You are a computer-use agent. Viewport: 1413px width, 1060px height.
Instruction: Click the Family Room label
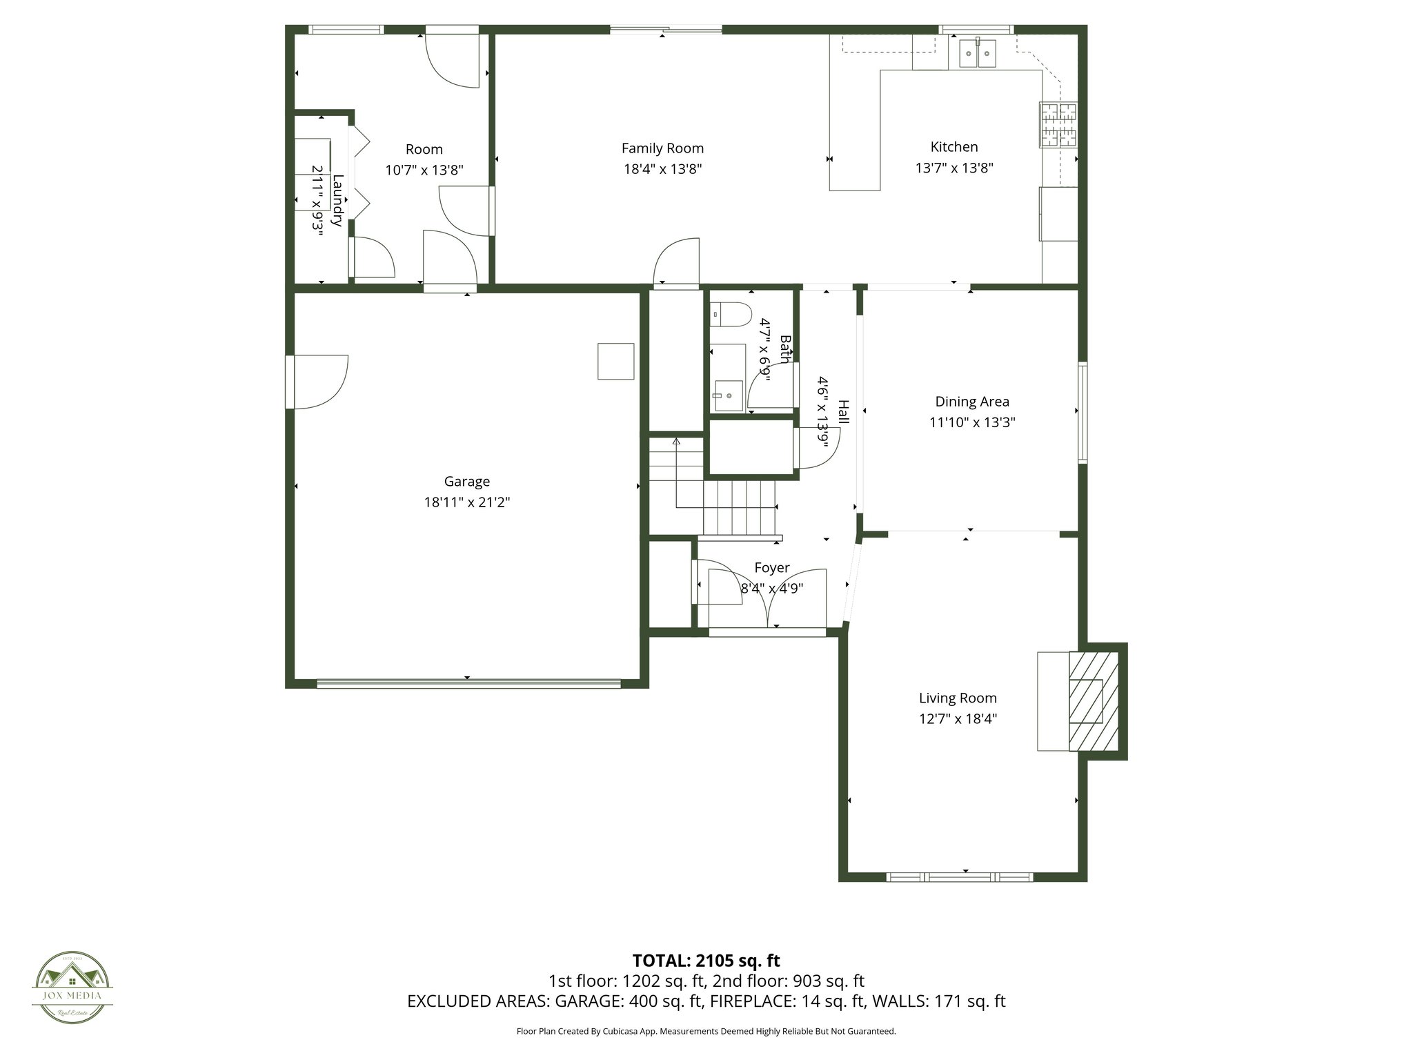pyautogui.click(x=662, y=148)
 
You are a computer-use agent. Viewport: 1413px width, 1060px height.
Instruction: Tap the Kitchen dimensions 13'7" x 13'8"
pyautogui.click(x=954, y=168)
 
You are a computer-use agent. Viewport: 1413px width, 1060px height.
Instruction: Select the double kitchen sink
pyautogui.click(x=978, y=53)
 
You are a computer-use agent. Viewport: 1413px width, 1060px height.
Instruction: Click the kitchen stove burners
pyautogui.click(x=1058, y=125)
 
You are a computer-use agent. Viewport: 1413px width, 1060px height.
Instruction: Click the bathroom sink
pyautogui.click(x=729, y=395)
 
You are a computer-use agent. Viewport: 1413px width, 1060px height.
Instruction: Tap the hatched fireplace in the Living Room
pyautogui.click(x=1093, y=700)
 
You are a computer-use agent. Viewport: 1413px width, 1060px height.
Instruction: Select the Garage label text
pyautogui.click(x=467, y=482)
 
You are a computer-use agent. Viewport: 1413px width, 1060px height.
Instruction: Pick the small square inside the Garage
pyautogui.click(x=615, y=362)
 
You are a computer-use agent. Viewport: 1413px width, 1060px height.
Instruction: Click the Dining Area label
pyautogui.click(x=971, y=402)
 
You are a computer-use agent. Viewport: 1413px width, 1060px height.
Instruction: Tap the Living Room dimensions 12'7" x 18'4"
pyautogui.click(x=958, y=718)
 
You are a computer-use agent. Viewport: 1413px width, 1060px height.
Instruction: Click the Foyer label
pyautogui.click(x=771, y=568)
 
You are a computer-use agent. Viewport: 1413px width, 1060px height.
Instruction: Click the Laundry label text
pyautogui.click(x=337, y=201)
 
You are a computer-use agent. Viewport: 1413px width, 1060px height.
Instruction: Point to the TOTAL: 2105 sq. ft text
pyautogui.click(x=706, y=961)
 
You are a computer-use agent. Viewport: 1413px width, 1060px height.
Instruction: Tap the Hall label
pyautogui.click(x=843, y=412)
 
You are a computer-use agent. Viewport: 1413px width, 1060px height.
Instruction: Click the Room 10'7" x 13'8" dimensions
pyautogui.click(x=424, y=170)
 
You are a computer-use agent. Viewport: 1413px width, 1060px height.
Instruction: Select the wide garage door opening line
pyautogui.click(x=468, y=684)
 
